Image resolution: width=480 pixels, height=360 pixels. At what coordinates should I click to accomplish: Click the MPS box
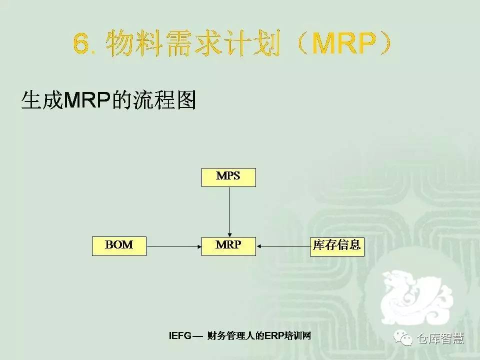point(228,177)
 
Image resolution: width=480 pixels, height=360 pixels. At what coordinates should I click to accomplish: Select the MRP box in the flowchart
point(228,246)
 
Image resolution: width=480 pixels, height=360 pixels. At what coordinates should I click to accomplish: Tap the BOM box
point(119,246)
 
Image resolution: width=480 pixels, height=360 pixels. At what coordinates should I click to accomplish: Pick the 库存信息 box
point(337,246)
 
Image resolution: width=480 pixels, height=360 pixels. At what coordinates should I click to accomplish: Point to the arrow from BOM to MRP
point(174,246)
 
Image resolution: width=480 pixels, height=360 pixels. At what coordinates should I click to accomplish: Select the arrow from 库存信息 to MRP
point(283,246)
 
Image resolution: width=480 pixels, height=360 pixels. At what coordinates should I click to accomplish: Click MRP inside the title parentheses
point(342,44)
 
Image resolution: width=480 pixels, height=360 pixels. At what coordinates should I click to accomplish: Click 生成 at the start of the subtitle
point(43,100)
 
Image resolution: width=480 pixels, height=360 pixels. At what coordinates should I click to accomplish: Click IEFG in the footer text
point(180,336)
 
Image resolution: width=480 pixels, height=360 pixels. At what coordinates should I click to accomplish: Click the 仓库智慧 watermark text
point(440,338)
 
